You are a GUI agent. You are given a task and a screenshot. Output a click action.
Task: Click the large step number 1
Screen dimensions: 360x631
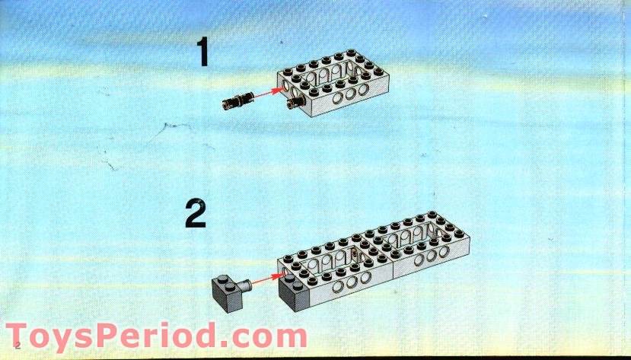[202, 53]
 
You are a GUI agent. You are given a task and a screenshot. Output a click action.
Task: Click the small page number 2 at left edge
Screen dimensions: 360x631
[5, 346]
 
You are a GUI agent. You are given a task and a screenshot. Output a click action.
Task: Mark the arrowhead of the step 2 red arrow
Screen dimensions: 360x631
[276, 278]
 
